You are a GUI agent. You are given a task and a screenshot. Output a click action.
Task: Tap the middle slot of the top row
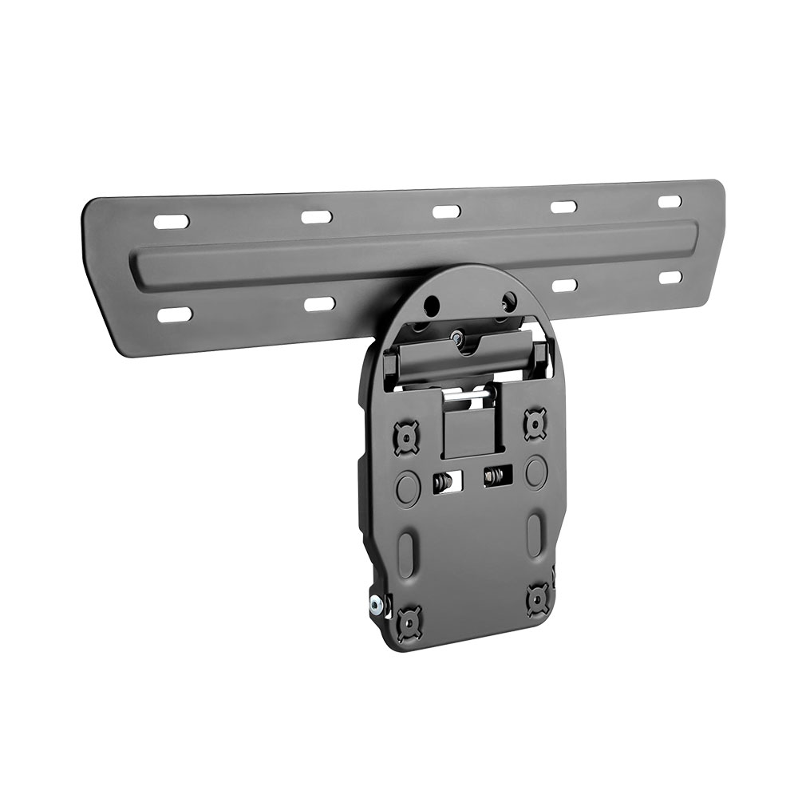tap(446, 211)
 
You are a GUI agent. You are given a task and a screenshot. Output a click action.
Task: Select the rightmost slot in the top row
tap(670, 201)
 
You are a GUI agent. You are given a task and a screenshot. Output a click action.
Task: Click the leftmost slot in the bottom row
tap(175, 314)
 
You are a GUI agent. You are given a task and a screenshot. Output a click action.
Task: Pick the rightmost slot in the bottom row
tap(671, 277)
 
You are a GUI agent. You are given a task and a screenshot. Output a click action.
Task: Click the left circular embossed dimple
tap(407, 484)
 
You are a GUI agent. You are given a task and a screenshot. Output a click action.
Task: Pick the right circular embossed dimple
tap(535, 470)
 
